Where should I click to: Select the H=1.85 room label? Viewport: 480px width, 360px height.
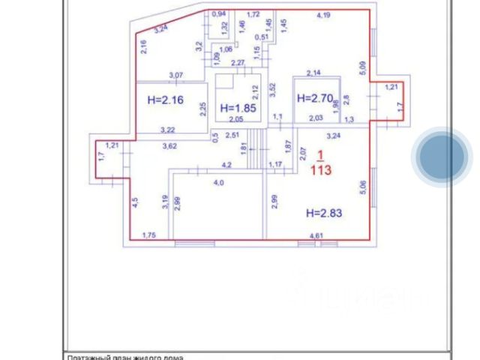coord(239,108)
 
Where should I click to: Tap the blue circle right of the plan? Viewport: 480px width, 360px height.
coord(442,157)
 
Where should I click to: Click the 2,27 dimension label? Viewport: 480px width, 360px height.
coord(238,63)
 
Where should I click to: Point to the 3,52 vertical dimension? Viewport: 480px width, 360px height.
coord(274,91)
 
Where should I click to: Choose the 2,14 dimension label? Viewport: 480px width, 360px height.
coord(313,73)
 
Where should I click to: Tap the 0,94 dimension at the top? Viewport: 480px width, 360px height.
coord(219,14)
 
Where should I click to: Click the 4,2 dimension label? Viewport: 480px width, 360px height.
coord(225,164)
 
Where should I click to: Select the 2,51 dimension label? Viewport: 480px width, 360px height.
coord(233,135)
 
